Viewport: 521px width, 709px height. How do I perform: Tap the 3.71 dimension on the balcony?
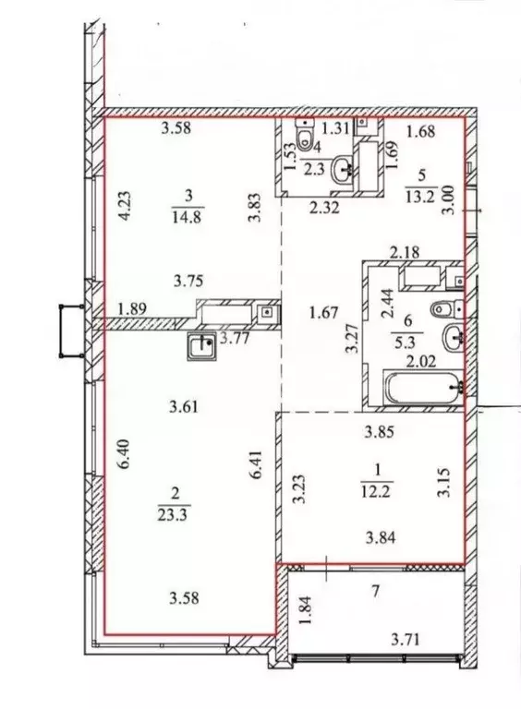point(407,639)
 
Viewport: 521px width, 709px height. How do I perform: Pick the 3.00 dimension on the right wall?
point(450,199)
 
